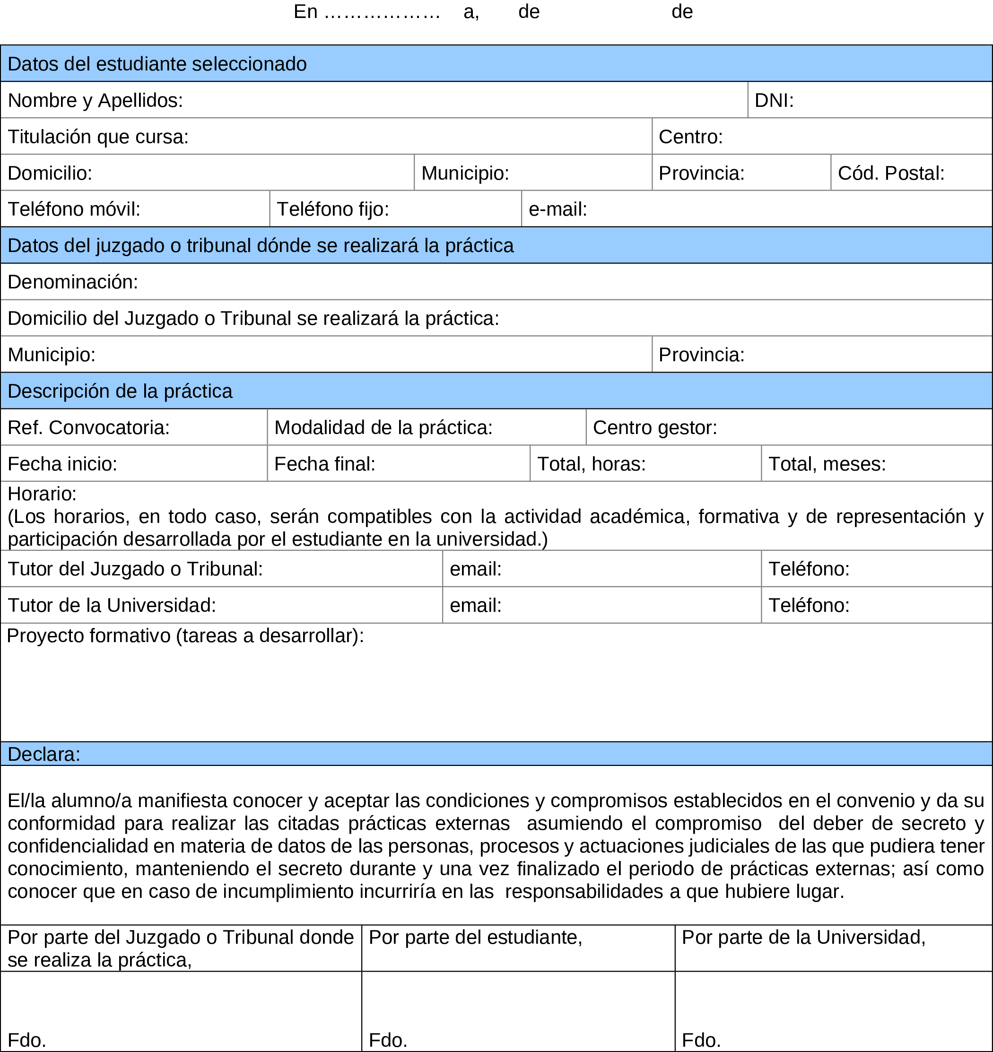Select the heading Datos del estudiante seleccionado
tap(157, 63)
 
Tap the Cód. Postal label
tap(890, 173)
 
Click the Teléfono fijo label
tap(332, 209)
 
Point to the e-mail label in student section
tap(557, 209)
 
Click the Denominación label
tap(72, 281)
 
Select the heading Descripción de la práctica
tap(120, 391)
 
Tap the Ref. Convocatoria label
tap(88, 427)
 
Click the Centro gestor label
tap(654, 427)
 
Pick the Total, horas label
tap(591, 463)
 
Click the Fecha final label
tap(324, 463)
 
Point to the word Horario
tap(42, 494)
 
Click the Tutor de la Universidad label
tap(112, 605)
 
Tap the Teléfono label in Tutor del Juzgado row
tap(808, 569)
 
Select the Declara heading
tap(44, 754)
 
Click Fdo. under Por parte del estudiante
tap(387, 1040)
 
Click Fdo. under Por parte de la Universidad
tap(700, 1040)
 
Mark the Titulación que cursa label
tap(98, 137)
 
